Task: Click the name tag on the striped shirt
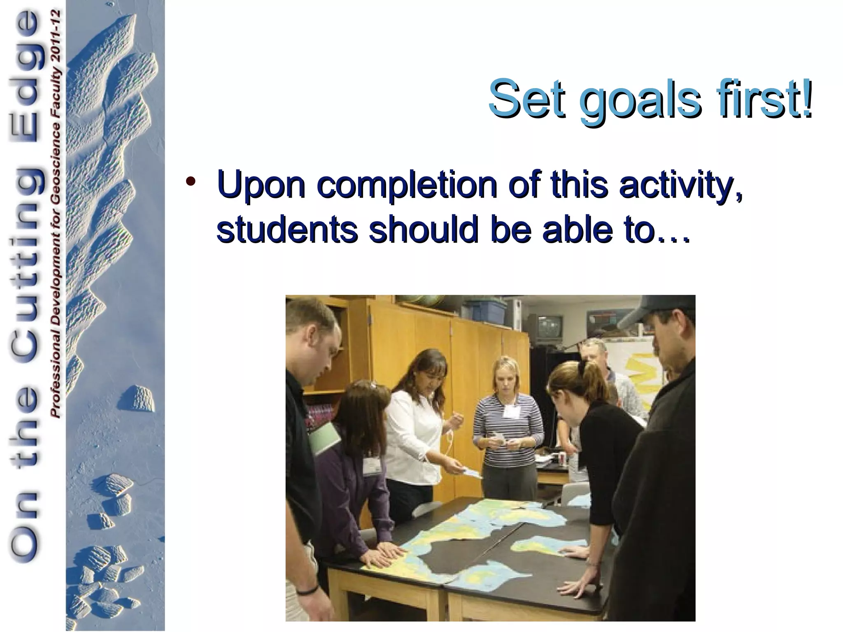click(x=512, y=411)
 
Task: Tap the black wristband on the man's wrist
click(x=306, y=590)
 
